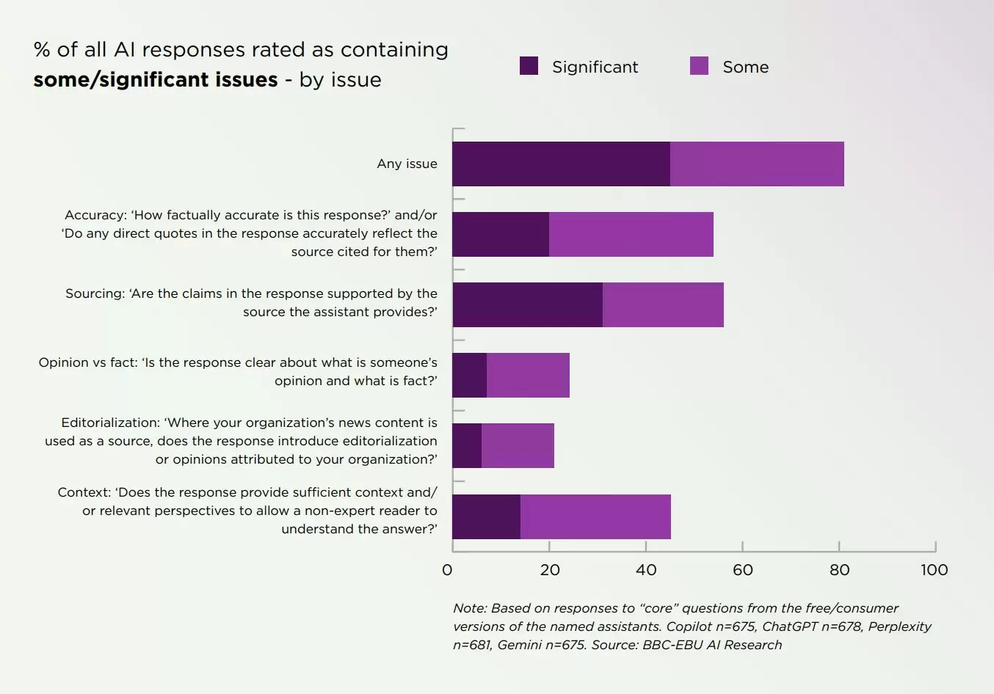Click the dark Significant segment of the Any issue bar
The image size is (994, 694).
[x=561, y=164]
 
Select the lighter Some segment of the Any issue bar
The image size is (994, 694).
[x=757, y=164]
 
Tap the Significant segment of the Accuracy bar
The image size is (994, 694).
[x=501, y=234]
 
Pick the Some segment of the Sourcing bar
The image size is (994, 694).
[x=663, y=304]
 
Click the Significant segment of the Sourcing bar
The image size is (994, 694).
[x=528, y=304]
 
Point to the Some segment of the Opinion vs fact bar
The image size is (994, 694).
[x=528, y=375]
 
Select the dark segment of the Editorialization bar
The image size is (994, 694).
[x=467, y=445]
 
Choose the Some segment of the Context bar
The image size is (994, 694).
[x=595, y=516]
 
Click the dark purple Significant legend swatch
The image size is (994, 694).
[x=529, y=66]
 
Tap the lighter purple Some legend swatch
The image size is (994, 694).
[x=699, y=66]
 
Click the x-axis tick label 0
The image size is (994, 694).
[x=447, y=570]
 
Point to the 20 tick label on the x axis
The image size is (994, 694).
[x=550, y=570]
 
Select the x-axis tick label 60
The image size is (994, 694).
[x=743, y=570]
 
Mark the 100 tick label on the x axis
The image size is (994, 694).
[x=934, y=570]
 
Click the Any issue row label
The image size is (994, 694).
[x=407, y=164]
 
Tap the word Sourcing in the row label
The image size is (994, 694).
[x=94, y=293]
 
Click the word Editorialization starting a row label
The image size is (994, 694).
[x=110, y=423]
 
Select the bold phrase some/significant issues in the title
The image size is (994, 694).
[x=156, y=80]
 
